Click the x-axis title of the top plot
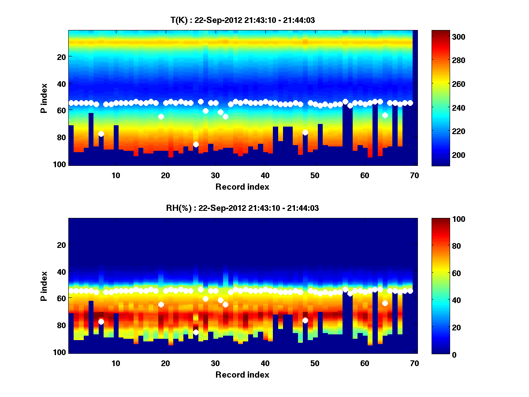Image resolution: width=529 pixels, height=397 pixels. pyautogui.click(x=242, y=187)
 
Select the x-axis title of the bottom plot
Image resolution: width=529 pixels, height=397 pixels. pyautogui.click(x=242, y=375)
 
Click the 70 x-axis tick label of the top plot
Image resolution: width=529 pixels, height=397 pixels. pyautogui.click(x=414, y=175)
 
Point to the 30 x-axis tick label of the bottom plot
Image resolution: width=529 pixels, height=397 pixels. pyautogui.click(x=215, y=363)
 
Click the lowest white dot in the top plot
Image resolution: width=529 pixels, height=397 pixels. pyautogui.click(x=196, y=144)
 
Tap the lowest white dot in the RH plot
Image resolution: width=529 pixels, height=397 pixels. pyautogui.click(x=196, y=332)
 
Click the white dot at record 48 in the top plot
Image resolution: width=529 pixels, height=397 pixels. pyautogui.click(x=305, y=132)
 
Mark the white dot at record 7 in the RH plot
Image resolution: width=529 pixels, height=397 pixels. pyautogui.click(x=101, y=322)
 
